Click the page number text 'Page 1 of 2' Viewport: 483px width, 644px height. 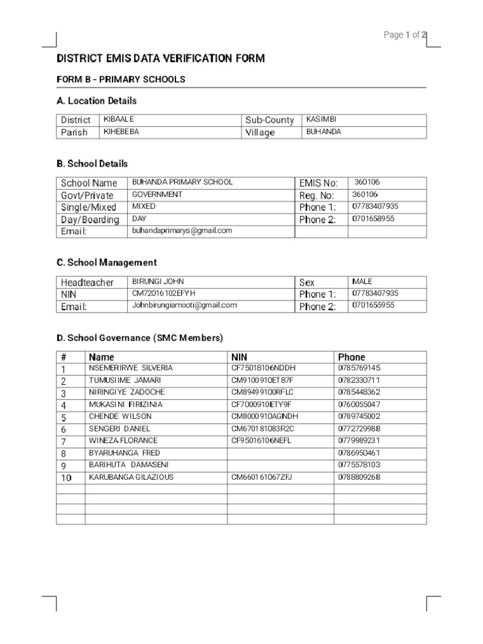click(405, 35)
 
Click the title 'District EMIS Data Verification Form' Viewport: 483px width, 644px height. click(161, 58)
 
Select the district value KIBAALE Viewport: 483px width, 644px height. click(119, 119)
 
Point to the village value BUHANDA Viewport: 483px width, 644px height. click(323, 132)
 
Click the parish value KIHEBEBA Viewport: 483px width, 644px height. click(121, 132)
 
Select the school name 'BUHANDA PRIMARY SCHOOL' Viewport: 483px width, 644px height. click(182, 182)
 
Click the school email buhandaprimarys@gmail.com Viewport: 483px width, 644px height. click(182, 231)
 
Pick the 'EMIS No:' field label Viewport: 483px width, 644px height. click(318, 183)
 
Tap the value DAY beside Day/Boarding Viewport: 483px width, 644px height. click(138, 219)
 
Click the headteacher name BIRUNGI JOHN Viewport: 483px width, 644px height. click(158, 282)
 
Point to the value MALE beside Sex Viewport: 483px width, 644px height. click(362, 282)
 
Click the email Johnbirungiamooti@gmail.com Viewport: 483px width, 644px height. click(184, 306)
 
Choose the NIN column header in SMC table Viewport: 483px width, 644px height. click(240, 357)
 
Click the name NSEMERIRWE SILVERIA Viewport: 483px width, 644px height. click(131, 368)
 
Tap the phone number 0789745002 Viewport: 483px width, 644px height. click(359, 416)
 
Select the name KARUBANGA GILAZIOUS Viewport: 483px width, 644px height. click(131, 477)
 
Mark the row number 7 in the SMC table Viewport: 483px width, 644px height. click(64, 441)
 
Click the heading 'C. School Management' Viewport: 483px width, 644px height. click(106, 262)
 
